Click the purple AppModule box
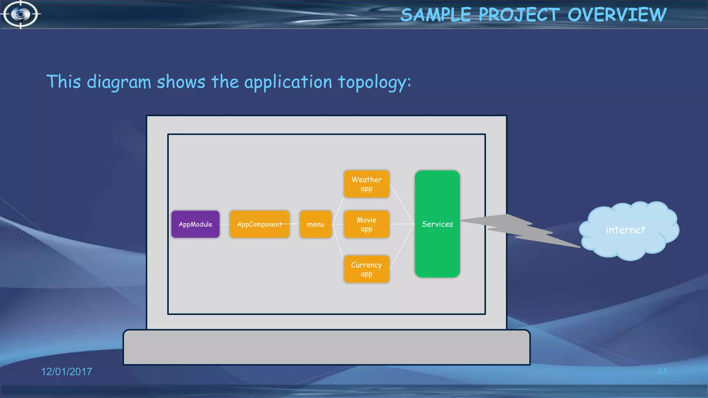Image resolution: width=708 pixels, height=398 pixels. click(x=195, y=224)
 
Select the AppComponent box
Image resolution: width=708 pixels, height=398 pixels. click(x=259, y=224)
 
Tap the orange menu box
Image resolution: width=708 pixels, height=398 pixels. click(x=316, y=224)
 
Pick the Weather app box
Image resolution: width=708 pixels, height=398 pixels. click(x=366, y=184)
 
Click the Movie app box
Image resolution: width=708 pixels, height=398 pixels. click(x=366, y=224)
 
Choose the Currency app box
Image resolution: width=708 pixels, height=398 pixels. click(x=366, y=269)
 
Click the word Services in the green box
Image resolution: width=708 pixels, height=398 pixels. click(x=437, y=224)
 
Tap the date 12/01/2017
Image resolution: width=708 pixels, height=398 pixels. click(x=67, y=372)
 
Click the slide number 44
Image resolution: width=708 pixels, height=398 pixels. click(x=662, y=372)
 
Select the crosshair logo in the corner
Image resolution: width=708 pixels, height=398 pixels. click(x=20, y=14)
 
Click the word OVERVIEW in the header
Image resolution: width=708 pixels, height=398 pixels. click(x=617, y=15)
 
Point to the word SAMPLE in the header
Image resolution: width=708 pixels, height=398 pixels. click(x=436, y=15)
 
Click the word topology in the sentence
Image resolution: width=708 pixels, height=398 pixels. click(x=374, y=82)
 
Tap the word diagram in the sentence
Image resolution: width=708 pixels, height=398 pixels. click(x=119, y=82)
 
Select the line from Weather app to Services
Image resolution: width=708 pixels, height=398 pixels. click(x=402, y=204)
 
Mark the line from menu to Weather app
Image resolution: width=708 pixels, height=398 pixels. click(x=338, y=211)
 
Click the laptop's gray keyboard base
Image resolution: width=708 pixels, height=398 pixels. click(x=326, y=347)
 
